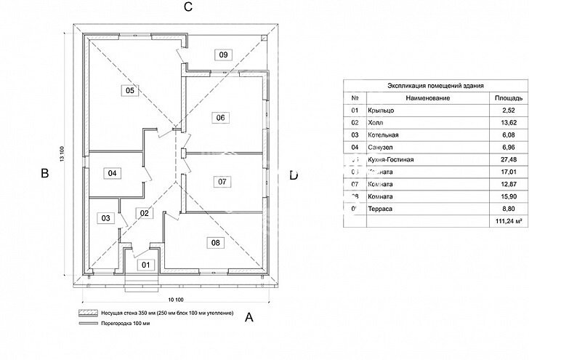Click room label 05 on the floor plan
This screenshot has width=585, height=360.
pyautogui.click(x=130, y=91)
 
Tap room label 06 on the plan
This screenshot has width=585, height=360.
pyautogui.click(x=221, y=117)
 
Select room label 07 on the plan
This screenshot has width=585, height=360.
pyautogui.click(x=222, y=182)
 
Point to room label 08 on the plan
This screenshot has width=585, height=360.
pyautogui.click(x=215, y=242)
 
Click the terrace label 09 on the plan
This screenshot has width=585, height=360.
pyautogui.click(x=223, y=55)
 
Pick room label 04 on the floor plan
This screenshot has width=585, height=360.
pyautogui.click(x=112, y=173)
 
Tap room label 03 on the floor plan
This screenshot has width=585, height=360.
pyautogui.click(x=106, y=218)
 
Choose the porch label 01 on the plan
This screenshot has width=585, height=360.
pyautogui.click(x=145, y=264)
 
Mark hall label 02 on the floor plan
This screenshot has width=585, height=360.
pyautogui.click(x=144, y=213)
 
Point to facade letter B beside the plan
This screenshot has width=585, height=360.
pyautogui.click(x=44, y=174)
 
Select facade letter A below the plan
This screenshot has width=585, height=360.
pyautogui.click(x=249, y=317)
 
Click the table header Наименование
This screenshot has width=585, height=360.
pyautogui.click(x=429, y=97)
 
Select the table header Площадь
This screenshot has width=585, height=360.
pyautogui.click(x=507, y=97)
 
